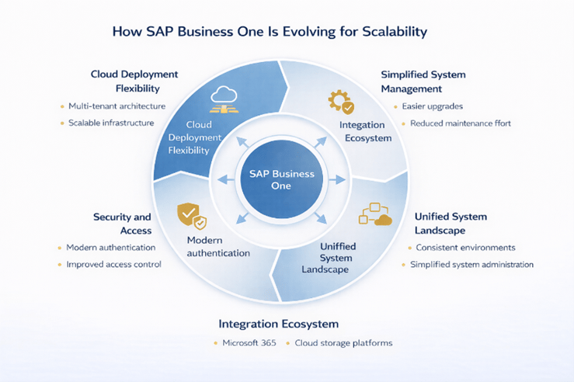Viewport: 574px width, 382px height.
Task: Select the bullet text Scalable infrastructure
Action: click(x=111, y=123)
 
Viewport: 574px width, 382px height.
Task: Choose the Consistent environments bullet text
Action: click(x=465, y=248)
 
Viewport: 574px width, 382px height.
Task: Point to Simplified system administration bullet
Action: click(x=471, y=265)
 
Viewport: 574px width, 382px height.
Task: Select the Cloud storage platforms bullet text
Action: click(x=343, y=342)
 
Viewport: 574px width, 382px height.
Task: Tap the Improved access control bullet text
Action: click(x=113, y=264)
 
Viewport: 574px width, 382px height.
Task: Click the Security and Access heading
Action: click(x=122, y=223)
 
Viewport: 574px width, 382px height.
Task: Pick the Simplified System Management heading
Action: click(x=423, y=82)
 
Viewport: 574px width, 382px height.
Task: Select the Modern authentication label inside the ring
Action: click(x=218, y=247)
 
